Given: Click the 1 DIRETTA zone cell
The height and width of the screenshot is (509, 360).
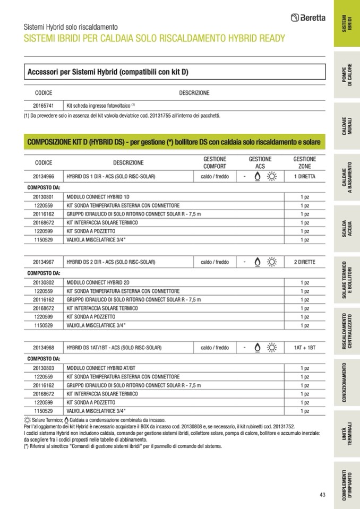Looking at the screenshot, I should point(304,176).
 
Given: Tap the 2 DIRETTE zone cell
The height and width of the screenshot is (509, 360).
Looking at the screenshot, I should point(304,262).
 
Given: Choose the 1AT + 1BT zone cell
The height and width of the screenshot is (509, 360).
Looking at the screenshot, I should point(304,348).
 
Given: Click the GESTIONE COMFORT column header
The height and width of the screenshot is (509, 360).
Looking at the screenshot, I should point(215,162).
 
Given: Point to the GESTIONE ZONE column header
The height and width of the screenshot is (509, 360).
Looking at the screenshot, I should point(304,162).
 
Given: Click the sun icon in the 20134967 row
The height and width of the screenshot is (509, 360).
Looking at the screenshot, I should point(272,262).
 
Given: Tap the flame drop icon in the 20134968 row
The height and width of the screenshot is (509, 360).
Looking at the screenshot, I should point(257,348).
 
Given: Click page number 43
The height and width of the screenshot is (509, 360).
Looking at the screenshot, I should point(322,495).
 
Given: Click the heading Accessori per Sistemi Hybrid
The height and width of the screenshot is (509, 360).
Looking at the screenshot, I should point(108,72).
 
